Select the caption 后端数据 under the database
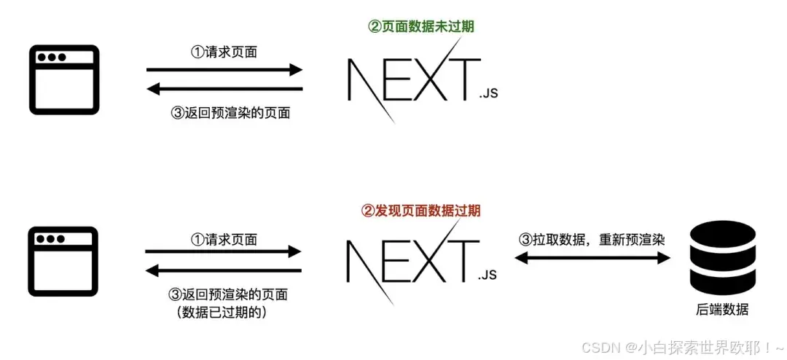[x=723, y=310]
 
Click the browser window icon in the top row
[x=63, y=80]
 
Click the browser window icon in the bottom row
[x=63, y=262]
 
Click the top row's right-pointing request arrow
[x=224, y=70]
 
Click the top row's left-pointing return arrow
[x=224, y=90]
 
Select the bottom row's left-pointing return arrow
[x=224, y=271]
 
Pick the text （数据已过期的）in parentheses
[x=222, y=313]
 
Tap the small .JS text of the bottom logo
[x=488, y=275]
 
